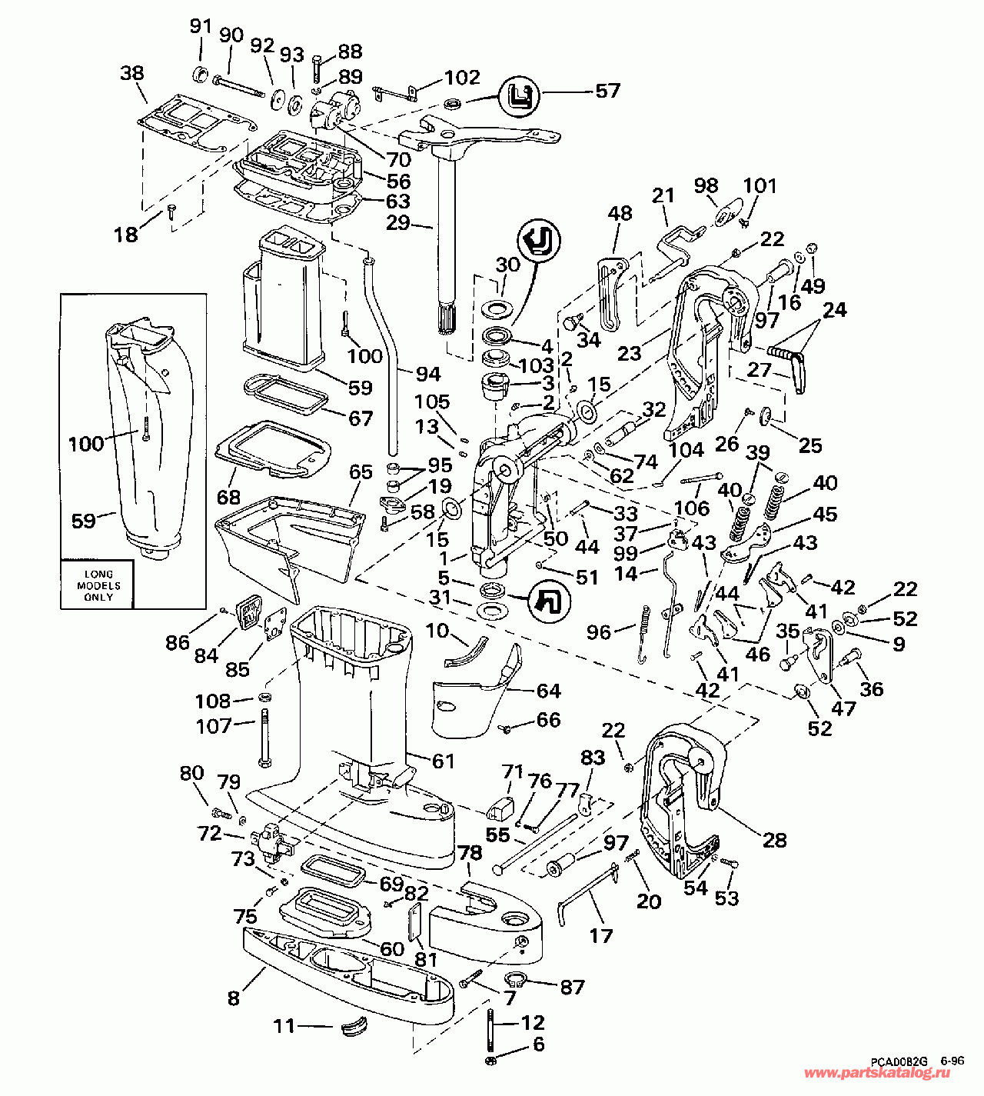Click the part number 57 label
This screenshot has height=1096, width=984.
[x=607, y=91]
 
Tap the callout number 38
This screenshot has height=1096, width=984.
[x=132, y=73]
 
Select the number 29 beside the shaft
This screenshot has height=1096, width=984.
[x=398, y=223]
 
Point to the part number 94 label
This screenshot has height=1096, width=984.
[x=428, y=373]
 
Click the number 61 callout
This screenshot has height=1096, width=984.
[x=444, y=761]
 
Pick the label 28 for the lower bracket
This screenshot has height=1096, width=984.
[x=774, y=840]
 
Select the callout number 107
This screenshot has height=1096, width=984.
[x=214, y=725]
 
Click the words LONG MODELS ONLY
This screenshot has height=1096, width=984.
[x=98, y=585]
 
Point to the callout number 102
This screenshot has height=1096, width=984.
[x=462, y=78]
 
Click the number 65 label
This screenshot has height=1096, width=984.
[x=361, y=471]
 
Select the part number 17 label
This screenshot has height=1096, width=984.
[x=600, y=935]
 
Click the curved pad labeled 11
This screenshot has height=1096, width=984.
[x=354, y=1026]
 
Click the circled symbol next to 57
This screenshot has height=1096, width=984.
[x=518, y=96]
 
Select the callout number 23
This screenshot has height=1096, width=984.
[x=630, y=353]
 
